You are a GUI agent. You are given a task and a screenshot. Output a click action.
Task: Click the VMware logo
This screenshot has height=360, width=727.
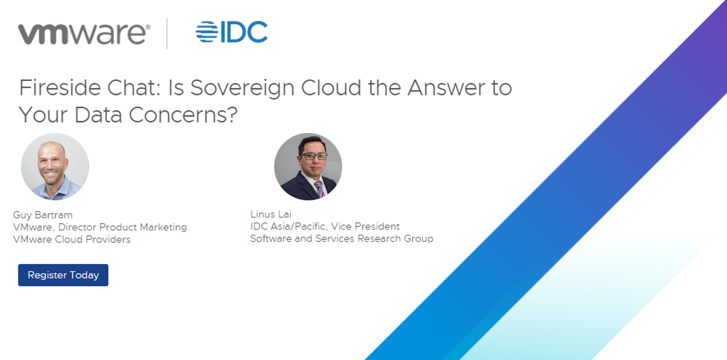(84, 34)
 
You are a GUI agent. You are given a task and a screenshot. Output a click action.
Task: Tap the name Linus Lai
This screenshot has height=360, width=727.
(271, 215)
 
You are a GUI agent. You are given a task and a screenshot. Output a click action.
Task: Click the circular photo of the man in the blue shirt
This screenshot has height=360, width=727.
(55, 167)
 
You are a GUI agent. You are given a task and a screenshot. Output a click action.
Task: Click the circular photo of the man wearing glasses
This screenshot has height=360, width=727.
(308, 167)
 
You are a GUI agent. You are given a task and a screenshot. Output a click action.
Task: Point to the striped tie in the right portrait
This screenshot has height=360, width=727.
(319, 189)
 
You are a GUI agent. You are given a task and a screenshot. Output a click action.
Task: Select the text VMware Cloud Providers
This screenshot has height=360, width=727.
(72, 240)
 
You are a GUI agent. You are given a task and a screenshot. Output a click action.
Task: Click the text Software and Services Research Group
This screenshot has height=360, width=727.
(342, 239)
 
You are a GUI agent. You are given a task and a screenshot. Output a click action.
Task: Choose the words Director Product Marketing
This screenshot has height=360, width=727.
(122, 228)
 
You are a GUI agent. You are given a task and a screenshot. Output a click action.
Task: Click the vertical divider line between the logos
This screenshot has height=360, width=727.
(167, 34)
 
